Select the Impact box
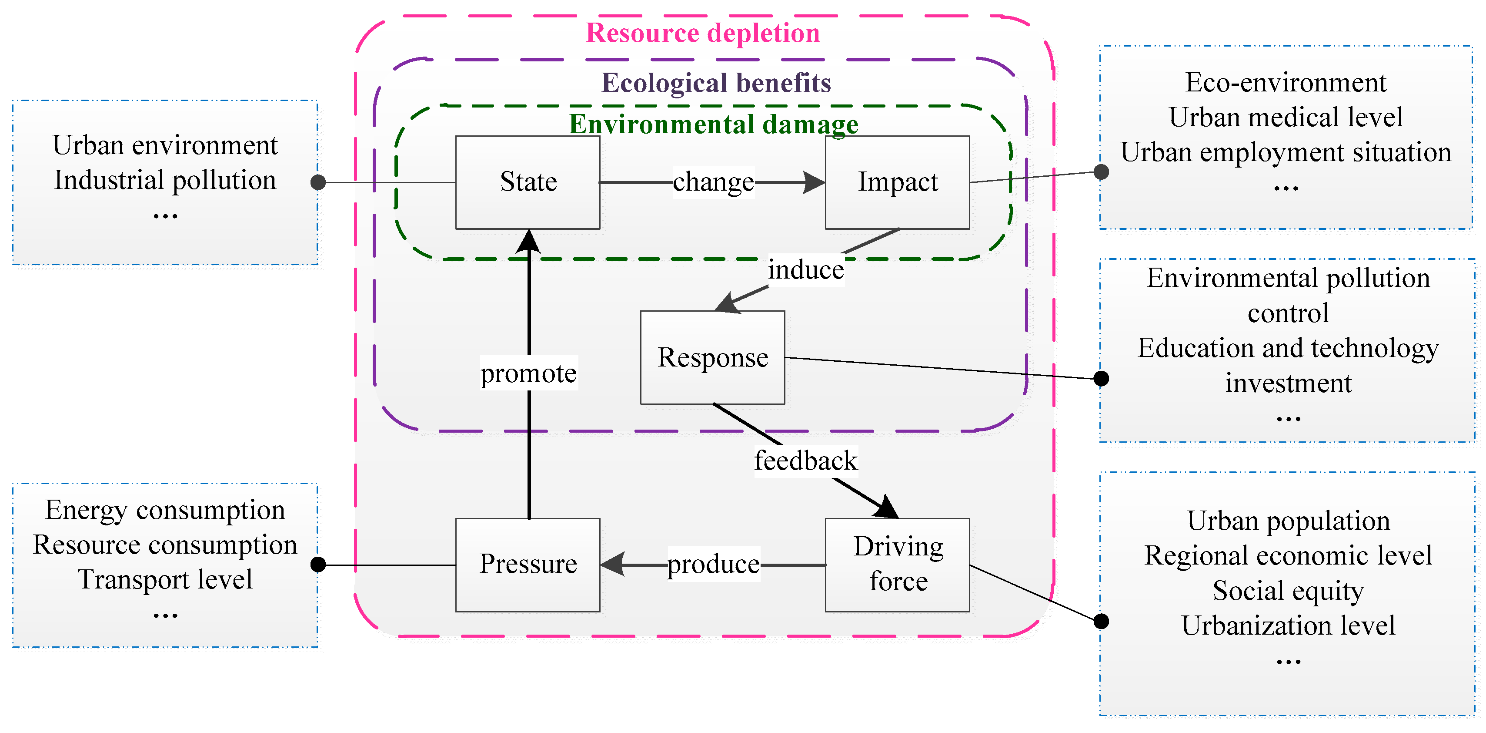tap(897, 182)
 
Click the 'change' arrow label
tap(713, 182)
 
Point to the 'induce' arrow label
tap(805, 269)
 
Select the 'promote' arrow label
tap(528, 373)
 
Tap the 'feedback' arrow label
tap(805, 461)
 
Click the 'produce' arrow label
tap(713, 564)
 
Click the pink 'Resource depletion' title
tap(703, 33)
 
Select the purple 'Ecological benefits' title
tap(716, 83)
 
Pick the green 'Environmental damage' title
tap(713, 124)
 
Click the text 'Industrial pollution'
tap(165, 180)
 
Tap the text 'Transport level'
tap(165, 579)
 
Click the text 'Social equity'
tap(1288, 590)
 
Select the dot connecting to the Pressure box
tap(318, 565)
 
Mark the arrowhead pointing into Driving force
tap(887, 508)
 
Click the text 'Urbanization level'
tap(1288, 625)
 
